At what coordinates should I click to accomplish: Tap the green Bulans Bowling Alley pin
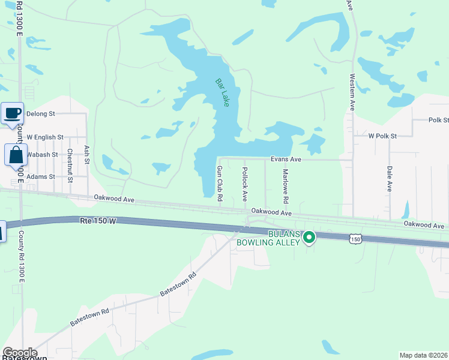tap(309, 238)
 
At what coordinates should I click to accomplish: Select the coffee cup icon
tap(12, 113)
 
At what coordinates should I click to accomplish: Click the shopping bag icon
tap(16, 155)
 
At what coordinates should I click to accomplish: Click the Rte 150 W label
tap(97, 221)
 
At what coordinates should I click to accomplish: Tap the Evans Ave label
tap(285, 160)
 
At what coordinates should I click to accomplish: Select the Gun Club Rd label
tap(220, 184)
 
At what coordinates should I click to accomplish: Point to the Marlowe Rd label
tap(286, 185)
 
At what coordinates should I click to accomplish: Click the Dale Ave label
tap(390, 179)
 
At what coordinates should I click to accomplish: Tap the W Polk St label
tap(383, 136)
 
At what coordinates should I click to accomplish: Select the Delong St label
tap(41, 113)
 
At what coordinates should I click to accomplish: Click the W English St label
tap(45, 137)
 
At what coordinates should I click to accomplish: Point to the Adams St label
tap(41, 177)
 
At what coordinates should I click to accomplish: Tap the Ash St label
tap(87, 154)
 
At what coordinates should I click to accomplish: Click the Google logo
tap(20, 353)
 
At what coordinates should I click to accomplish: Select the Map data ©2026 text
tap(423, 355)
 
